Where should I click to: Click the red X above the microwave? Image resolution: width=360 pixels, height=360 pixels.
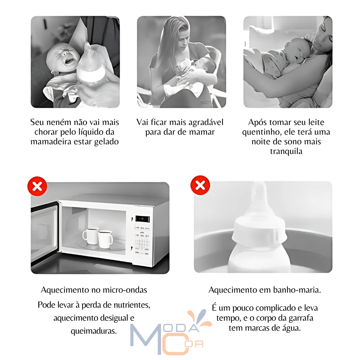click(x=37, y=186)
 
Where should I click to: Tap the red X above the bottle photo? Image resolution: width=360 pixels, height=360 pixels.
click(x=200, y=185)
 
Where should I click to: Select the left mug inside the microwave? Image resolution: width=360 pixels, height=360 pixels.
click(x=90, y=236)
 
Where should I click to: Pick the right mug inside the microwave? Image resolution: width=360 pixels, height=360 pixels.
click(x=105, y=239)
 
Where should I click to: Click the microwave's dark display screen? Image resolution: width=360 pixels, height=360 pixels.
click(x=143, y=219)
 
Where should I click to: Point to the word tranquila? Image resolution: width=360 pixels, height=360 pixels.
click(x=286, y=151)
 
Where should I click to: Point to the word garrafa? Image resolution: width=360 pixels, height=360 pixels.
click(x=299, y=318)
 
